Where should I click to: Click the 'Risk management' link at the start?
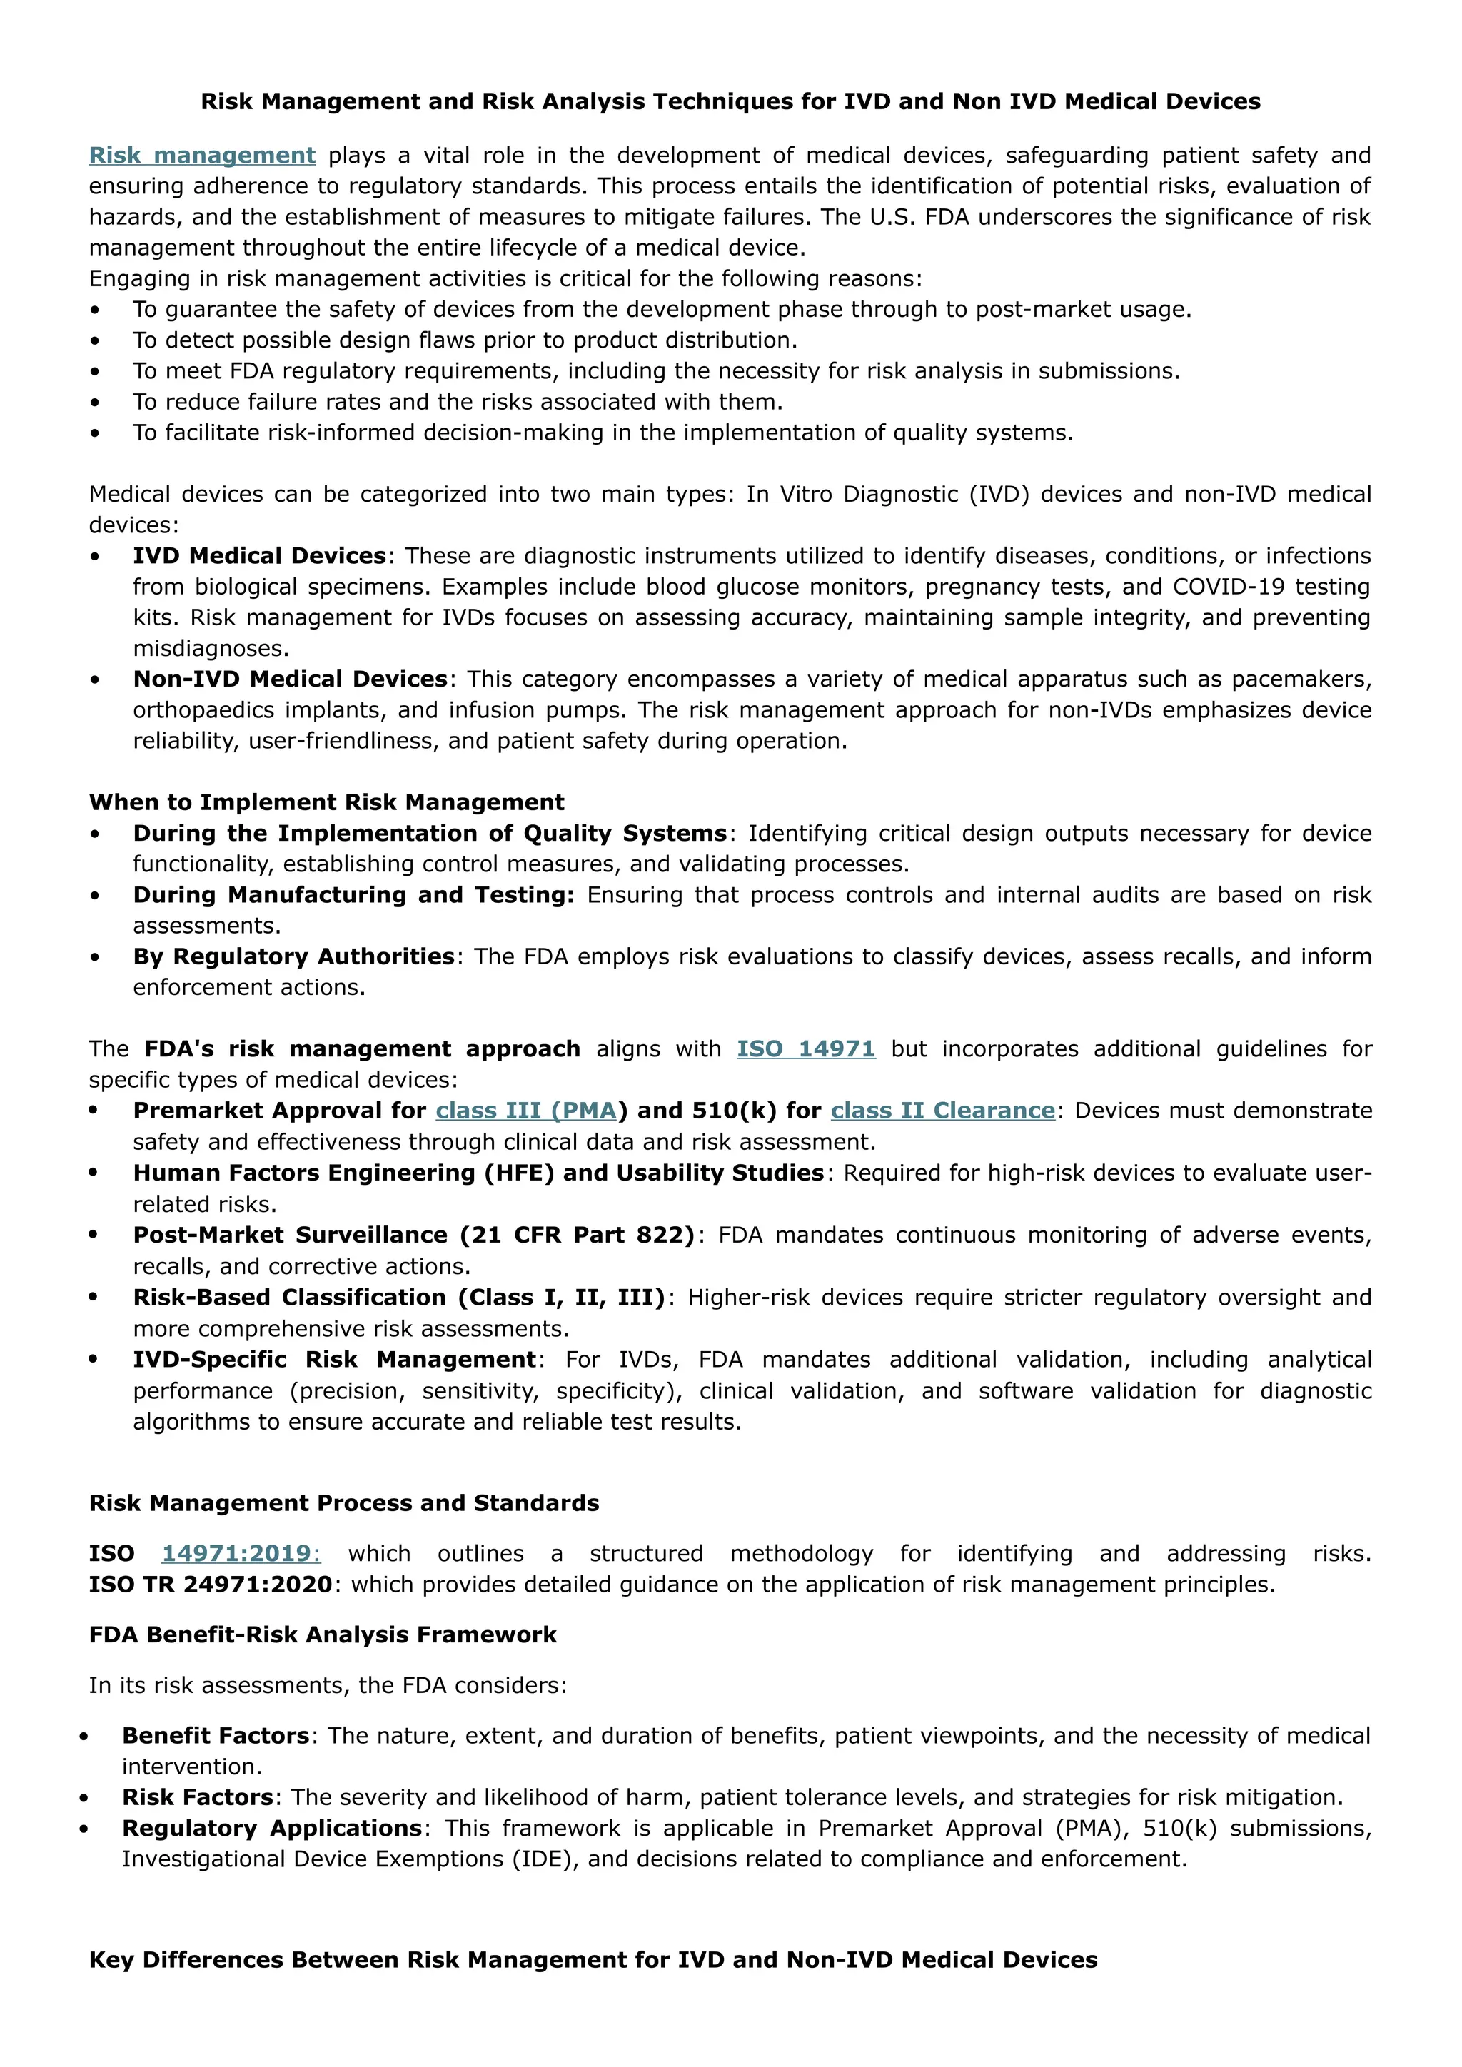point(201,156)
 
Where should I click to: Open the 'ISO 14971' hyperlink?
point(806,1048)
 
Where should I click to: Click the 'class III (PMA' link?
point(525,1111)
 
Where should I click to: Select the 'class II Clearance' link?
point(942,1111)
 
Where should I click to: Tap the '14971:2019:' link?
point(241,1554)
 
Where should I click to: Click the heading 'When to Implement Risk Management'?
point(326,802)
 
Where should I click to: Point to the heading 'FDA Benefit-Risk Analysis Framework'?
point(322,1635)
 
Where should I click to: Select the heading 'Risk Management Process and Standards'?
point(344,1503)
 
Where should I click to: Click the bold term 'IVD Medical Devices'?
point(259,556)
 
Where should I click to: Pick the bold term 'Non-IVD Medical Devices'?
point(290,679)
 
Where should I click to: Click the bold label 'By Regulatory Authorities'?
point(293,957)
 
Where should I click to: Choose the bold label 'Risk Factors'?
point(198,1798)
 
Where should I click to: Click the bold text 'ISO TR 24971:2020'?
point(211,1585)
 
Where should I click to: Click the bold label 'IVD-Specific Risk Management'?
point(335,1360)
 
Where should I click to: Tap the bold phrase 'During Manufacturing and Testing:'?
point(353,895)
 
